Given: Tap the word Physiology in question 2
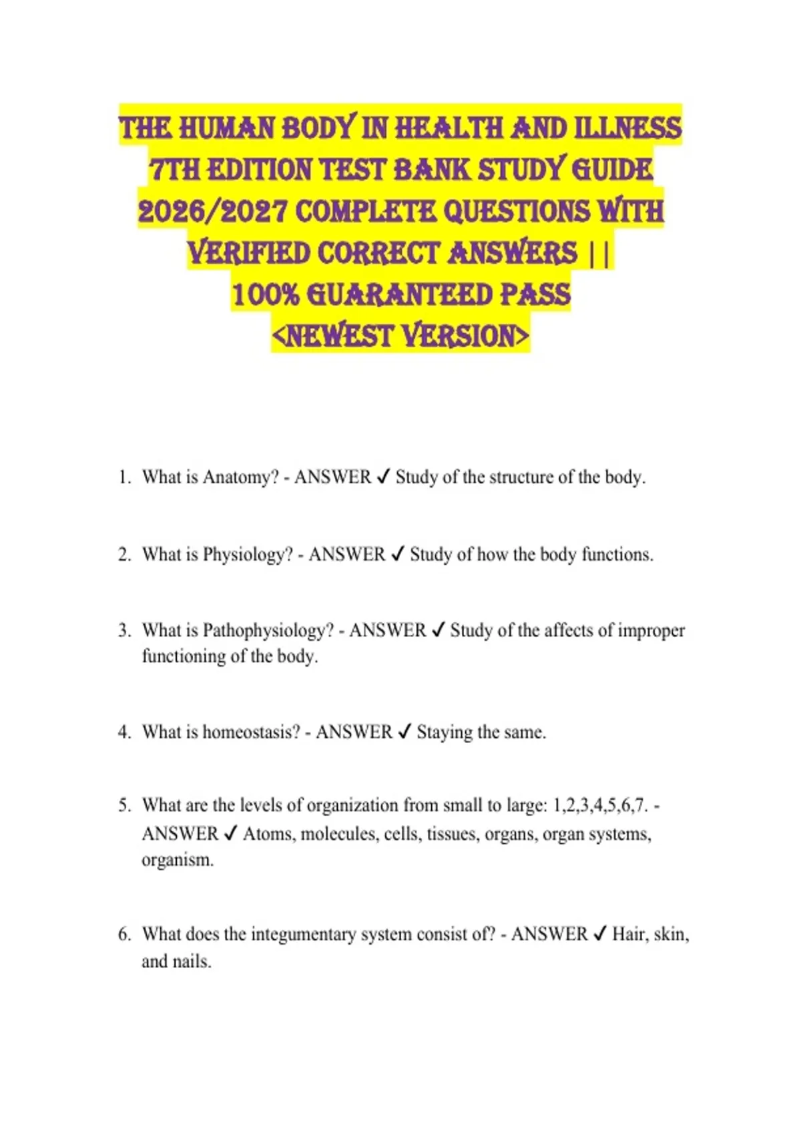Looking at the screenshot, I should (248, 555).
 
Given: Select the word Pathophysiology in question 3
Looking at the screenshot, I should (268, 630).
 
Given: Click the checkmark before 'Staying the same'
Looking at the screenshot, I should (404, 732).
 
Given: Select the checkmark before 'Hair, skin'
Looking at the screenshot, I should (599, 934).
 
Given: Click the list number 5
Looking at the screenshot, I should (125, 805).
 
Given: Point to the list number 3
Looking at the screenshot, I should (125, 630).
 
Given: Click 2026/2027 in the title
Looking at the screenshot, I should (212, 212).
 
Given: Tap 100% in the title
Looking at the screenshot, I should (265, 294).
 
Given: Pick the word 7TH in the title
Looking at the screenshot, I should (174, 170).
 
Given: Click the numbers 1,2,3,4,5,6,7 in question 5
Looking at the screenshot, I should (600, 805).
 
